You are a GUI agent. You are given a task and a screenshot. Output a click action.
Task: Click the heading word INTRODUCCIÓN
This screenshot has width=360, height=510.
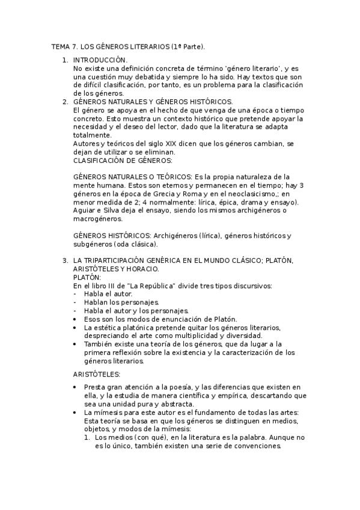100,60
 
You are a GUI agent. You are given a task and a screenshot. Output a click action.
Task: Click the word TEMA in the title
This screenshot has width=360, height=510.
61,46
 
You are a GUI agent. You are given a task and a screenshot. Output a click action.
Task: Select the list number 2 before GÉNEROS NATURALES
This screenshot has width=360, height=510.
65,102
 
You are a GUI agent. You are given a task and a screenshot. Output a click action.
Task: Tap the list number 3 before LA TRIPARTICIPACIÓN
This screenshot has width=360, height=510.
65,260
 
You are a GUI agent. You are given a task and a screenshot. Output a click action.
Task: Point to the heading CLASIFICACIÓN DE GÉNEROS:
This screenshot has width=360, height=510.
123,161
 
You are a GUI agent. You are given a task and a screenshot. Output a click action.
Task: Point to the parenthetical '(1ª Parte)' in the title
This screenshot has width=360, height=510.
188,46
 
